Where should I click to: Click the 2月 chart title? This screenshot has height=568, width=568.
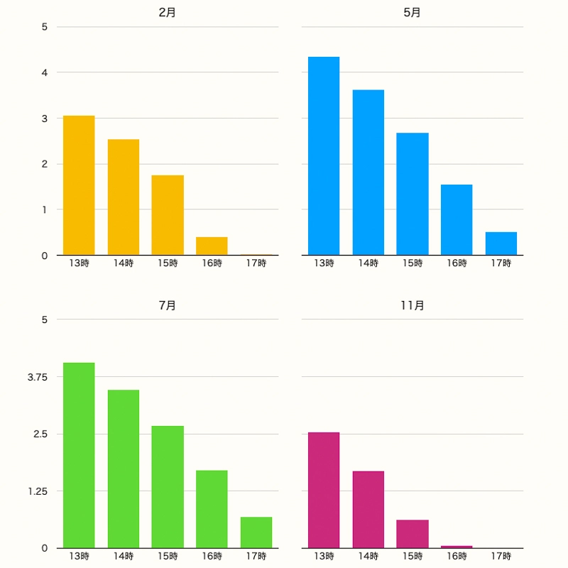coord(168,13)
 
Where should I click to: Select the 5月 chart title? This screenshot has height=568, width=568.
coord(412,13)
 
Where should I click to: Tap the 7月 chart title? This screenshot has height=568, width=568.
coord(168,305)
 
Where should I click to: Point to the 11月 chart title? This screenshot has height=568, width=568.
coord(412,305)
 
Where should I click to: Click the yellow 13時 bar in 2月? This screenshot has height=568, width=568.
coord(79,185)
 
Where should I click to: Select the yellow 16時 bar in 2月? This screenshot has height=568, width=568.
coord(212,246)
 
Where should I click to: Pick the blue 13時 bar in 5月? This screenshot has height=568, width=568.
coord(324,156)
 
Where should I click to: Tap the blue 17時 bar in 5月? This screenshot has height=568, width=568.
coord(501,244)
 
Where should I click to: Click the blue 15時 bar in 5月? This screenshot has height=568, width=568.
coord(413,194)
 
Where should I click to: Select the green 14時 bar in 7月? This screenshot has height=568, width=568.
coord(124,469)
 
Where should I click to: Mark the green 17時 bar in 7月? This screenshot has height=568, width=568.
coord(256,532)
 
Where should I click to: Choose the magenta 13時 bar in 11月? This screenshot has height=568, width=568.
coord(324,490)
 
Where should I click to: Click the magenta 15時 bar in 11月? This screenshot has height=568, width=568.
coord(413,534)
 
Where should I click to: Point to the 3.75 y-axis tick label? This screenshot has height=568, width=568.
coord(37,377)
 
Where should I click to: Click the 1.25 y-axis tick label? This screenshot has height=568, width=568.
coord(37,491)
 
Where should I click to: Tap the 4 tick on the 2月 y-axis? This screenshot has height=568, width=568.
coord(44,72)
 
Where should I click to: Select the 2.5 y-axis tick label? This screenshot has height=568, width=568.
coord(40,434)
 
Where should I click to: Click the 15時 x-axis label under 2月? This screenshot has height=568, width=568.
coord(168,263)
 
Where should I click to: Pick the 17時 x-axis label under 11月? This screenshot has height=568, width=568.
coord(501,556)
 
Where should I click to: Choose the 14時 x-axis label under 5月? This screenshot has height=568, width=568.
coord(368,263)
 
